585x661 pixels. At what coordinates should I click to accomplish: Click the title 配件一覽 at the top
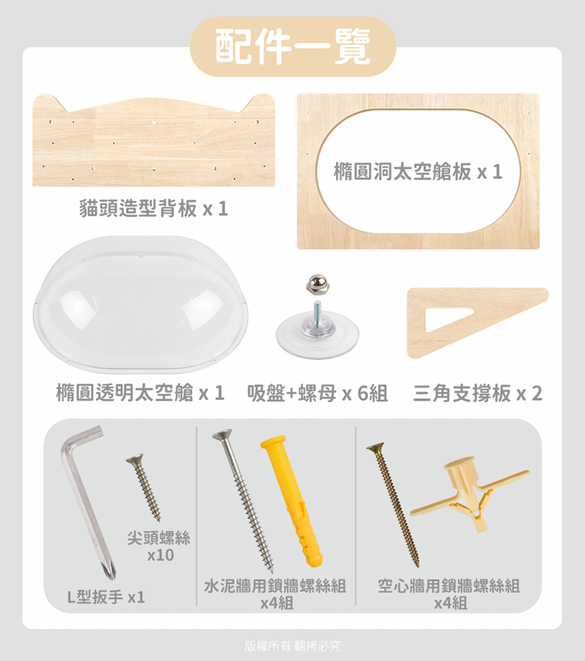tap(292, 46)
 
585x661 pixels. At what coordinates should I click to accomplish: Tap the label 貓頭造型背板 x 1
tap(154, 208)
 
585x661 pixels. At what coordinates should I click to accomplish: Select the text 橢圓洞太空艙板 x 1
tap(418, 171)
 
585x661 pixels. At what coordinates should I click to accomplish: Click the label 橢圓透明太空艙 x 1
tap(140, 393)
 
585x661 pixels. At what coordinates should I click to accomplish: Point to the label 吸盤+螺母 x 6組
tap(317, 394)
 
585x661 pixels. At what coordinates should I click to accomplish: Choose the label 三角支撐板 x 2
tap(477, 394)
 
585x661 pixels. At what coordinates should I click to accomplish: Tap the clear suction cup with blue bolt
tap(317, 332)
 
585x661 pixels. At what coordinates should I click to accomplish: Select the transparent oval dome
tap(140, 305)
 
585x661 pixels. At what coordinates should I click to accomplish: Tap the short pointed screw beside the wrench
tap(144, 487)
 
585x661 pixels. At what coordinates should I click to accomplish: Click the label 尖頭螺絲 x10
tap(159, 546)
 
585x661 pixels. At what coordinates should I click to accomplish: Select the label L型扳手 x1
tap(106, 597)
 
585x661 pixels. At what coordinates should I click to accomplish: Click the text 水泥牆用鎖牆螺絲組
tap(275, 585)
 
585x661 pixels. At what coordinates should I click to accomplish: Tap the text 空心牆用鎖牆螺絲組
tap(449, 585)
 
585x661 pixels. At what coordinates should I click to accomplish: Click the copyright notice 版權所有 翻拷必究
tap(292, 645)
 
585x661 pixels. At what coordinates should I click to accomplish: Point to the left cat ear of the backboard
tap(50, 102)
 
